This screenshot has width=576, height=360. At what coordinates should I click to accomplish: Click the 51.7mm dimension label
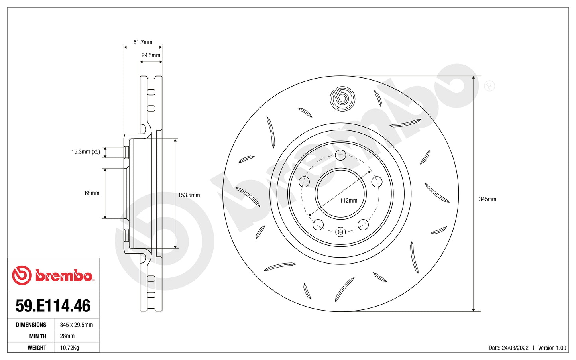pyautogui.click(x=143, y=42)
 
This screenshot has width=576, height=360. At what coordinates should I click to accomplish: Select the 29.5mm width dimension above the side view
pyautogui.click(x=151, y=55)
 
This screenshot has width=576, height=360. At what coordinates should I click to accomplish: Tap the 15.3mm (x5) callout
pyautogui.click(x=86, y=152)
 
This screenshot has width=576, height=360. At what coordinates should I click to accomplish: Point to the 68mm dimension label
pyautogui.click(x=92, y=193)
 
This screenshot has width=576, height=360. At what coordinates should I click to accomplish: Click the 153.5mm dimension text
pyautogui.click(x=189, y=195)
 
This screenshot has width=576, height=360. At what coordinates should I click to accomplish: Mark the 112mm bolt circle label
pyautogui.click(x=348, y=201)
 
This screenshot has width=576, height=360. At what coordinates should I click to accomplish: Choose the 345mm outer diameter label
pyautogui.click(x=488, y=199)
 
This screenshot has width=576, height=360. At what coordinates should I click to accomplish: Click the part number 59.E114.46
pyautogui.click(x=53, y=306)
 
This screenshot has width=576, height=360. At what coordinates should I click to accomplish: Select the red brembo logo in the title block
pyautogui.click(x=53, y=275)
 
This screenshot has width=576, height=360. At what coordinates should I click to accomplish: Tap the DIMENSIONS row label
pyautogui.click(x=31, y=325)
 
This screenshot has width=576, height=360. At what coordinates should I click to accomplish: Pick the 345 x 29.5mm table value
pyautogui.click(x=77, y=325)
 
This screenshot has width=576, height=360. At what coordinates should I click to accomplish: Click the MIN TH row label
pyautogui.click(x=37, y=336)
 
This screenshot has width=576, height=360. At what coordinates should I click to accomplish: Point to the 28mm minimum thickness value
pyautogui.click(x=67, y=336)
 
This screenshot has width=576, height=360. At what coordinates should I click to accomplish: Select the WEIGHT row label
pyautogui.click(x=37, y=348)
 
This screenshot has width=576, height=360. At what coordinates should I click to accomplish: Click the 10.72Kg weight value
pyautogui.click(x=69, y=348)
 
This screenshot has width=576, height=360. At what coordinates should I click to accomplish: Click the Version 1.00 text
pyautogui.click(x=552, y=348)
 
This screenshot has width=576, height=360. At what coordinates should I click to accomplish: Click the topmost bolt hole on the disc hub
pyautogui.click(x=340, y=155)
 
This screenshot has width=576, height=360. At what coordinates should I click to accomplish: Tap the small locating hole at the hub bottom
pyautogui.click(x=340, y=232)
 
